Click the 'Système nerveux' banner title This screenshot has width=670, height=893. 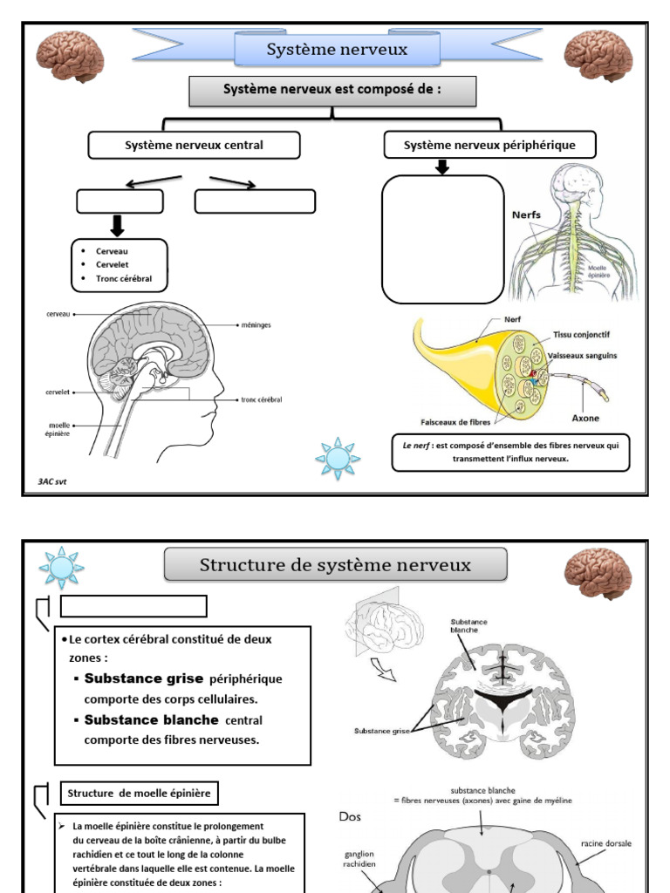pos(337,50)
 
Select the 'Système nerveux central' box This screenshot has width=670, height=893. pos(194,146)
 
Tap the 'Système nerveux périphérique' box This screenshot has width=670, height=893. pos(489,146)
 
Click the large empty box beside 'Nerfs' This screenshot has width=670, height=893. pos(442,239)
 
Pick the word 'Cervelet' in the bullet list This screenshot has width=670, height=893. pos(113,265)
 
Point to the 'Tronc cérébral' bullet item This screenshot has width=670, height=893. pos(124,278)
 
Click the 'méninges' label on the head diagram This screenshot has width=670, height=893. pos(256,325)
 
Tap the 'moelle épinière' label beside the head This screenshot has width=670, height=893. pos(58,429)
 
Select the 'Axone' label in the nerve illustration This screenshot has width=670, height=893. pos(585,418)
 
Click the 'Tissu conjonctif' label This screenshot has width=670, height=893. pos(581,335)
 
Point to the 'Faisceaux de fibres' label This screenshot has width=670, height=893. pos(455,422)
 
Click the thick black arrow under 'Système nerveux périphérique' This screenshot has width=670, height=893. pos(442,167)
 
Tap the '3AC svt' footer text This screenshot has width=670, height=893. pos(51,481)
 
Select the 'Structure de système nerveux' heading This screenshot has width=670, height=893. pos(335,565)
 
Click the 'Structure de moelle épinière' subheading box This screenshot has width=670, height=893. pos(139,794)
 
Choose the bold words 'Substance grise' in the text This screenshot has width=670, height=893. pos(144,678)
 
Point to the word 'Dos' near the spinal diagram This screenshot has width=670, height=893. pos(350,816)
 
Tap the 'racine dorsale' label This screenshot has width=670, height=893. pos(606,843)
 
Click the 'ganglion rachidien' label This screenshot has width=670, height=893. pos(359,859)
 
